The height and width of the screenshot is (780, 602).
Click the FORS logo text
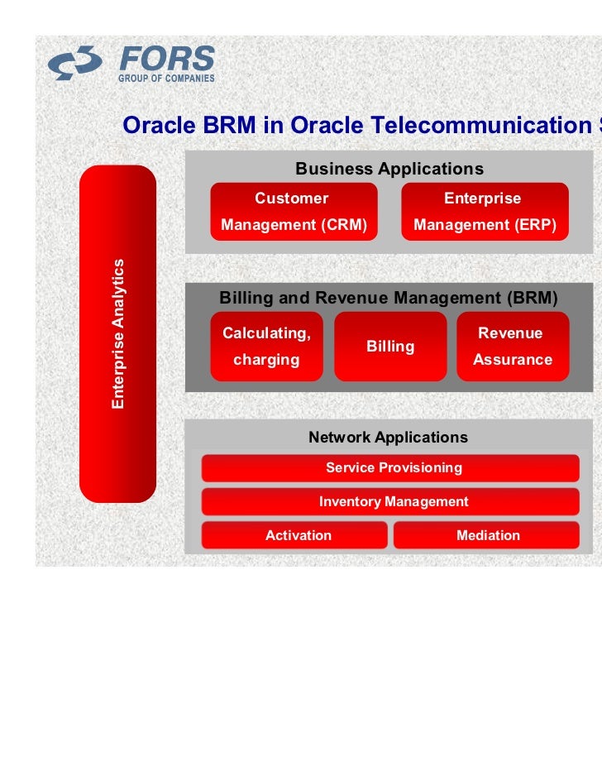click(167, 60)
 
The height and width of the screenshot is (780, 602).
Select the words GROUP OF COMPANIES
click(166, 79)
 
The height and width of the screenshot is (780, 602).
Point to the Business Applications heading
click(389, 169)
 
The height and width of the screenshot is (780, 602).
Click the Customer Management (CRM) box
click(294, 212)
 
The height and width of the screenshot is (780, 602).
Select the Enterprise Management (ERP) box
click(485, 212)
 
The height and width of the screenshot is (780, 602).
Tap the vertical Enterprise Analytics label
click(119, 333)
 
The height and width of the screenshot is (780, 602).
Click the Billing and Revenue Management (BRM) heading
click(389, 298)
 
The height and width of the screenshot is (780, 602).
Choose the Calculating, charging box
click(266, 347)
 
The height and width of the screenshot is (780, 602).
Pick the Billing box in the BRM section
click(390, 347)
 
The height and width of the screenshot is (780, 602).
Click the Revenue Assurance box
click(513, 347)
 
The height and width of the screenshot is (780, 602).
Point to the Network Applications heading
click(388, 438)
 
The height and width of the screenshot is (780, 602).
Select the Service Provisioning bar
click(394, 468)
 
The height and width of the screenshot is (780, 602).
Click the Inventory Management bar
click(394, 502)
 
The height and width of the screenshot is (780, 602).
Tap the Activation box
click(298, 536)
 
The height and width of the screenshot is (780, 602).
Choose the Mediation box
click(488, 536)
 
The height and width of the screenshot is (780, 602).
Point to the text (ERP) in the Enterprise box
click(537, 225)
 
